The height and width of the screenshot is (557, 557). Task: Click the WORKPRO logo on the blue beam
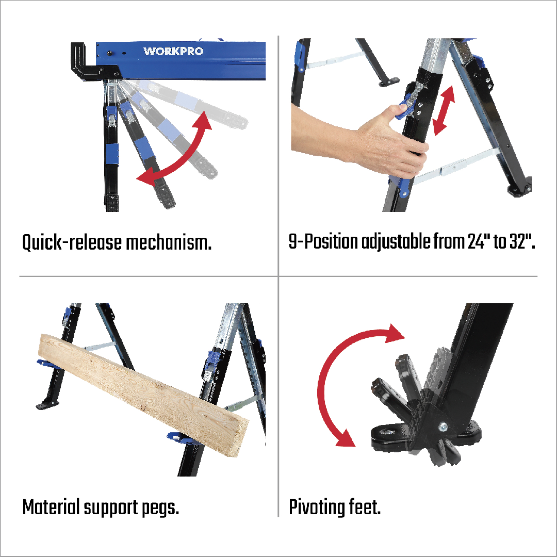click(173, 51)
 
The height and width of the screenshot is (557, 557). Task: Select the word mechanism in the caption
click(169, 242)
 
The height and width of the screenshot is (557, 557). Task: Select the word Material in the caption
click(51, 507)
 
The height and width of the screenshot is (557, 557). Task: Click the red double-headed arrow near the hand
click(444, 110)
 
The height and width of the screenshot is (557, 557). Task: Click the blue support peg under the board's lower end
click(181, 439)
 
